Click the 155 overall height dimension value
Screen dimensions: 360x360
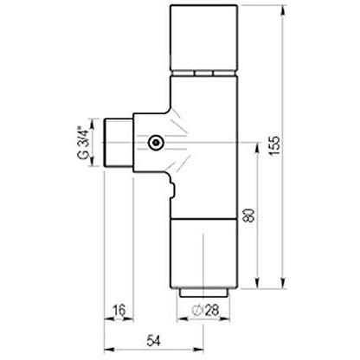pos(274,145)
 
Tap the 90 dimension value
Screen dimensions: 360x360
pos(249,215)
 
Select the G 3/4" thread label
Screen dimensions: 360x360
pos(83,142)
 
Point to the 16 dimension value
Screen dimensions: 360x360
pos(119,311)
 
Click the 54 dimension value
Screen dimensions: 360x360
pos(153,341)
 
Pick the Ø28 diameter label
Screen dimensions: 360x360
pos(205,311)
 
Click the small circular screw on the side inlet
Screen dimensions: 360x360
pos(156,142)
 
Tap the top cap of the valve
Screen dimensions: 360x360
pos(204,38)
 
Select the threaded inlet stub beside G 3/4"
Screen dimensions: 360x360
pos(119,142)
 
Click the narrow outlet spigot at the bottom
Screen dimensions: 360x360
pos(203,292)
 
